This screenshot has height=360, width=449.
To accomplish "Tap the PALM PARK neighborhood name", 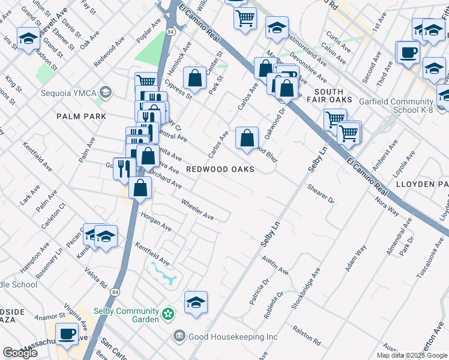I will (x=82, y=116).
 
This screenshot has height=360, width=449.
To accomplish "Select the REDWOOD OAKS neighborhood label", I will (x=220, y=169).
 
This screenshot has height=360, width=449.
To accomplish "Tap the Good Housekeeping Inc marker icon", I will (x=178, y=336).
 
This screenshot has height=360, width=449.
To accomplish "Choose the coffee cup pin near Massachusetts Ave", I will (x=67, y=333).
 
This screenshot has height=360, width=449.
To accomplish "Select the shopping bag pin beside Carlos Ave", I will (x=247, y=139).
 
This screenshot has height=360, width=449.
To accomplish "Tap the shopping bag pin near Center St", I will (x=194, y=78).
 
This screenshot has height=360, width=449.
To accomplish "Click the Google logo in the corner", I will (x=20, y=353).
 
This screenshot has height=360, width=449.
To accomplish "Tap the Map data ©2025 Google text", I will (x=411, y=355).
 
